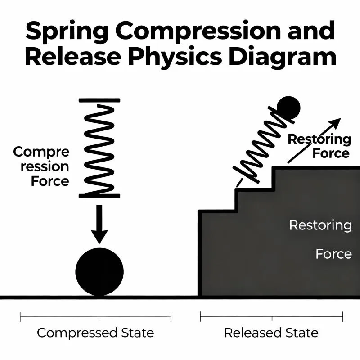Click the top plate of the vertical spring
pos(99,100)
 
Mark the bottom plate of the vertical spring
pos(99,196)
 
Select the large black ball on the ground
pos(99,271)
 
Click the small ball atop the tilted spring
pos(288,108)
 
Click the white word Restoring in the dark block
pos(320,225)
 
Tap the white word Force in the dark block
pos(333,254)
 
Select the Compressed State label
pos(95,333)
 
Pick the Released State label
pos(271,333)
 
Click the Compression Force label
pos(41,166)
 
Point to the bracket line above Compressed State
pos(95,317)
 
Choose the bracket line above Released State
pos(271,317)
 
